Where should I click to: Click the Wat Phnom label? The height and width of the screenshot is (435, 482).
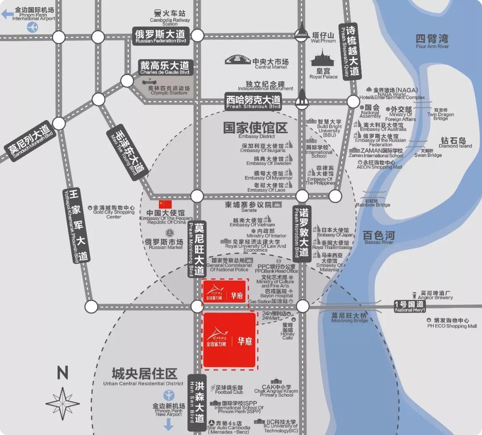coord(324,37)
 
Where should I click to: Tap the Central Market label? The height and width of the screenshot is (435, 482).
coord(270,63)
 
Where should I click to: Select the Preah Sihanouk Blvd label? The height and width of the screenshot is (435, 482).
coord(253,102)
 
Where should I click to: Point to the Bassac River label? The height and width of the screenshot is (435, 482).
coord(378,237)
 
